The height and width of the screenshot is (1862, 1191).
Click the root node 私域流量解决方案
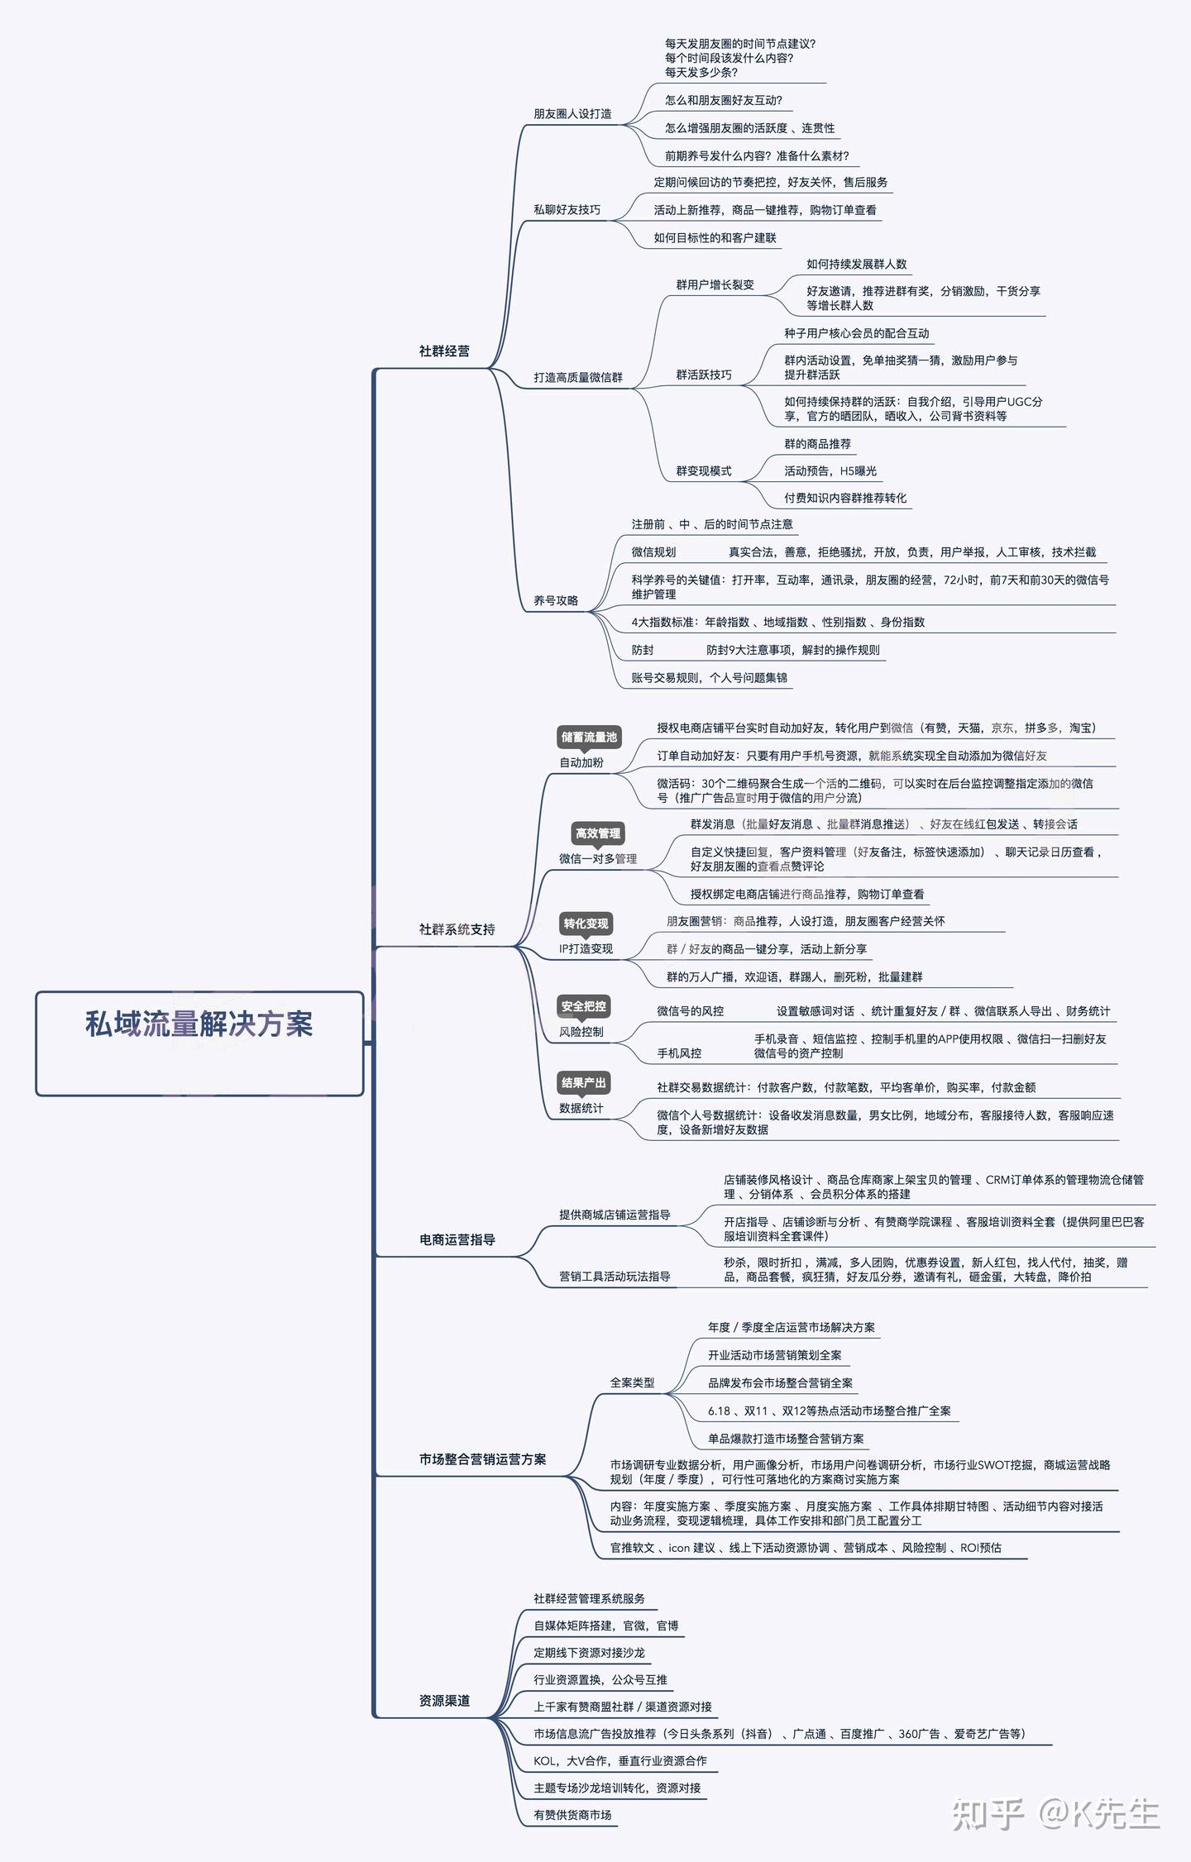click(199, 1024)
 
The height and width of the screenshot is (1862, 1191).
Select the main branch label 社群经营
click(444, 351)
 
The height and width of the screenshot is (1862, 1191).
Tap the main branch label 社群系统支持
click(457, 929)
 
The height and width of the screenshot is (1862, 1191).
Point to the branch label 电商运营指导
click(457, 1239)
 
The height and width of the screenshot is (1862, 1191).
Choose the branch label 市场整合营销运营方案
click(482, 1459)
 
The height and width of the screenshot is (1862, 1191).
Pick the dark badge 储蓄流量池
click(589, 737)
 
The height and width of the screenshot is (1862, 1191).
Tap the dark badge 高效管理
click(597, 833)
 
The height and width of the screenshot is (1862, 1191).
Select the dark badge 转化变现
click(586, 924)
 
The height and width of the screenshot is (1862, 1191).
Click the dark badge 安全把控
click(583, 1006)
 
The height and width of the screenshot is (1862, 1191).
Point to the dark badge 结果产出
click(583, 1082)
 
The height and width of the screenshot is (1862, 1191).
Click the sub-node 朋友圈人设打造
click(572, 114)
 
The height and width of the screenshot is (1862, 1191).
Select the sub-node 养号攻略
click(556, 600)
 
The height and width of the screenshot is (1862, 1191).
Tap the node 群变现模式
click(703, 471)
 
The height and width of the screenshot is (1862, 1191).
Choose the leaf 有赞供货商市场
click(572, 1815)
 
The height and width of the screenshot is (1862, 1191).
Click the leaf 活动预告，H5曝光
click(830, 471)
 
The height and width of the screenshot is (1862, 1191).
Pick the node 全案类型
click(632, 1382)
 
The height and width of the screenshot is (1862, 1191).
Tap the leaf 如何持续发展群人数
click(856, 265)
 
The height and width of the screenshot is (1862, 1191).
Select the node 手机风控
click(679, 1053)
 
